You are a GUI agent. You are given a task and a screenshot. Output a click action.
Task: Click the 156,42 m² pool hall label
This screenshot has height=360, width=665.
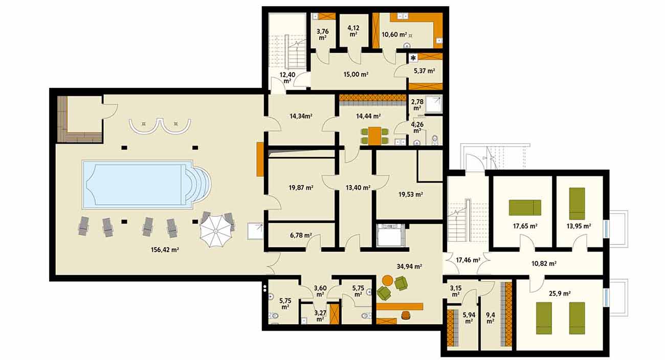coord(165,250)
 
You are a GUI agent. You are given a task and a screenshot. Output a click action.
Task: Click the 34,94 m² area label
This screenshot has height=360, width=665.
coord(409,266)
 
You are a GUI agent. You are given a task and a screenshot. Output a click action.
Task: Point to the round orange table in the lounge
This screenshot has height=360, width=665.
coord(387,280)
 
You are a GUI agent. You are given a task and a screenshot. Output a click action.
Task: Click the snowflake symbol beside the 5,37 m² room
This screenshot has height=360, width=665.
coord(413,58)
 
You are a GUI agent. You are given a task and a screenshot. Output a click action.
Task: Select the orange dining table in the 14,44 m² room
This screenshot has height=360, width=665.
coord(375,136)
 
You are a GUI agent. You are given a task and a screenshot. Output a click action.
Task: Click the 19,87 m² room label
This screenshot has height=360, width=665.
coord(301,188)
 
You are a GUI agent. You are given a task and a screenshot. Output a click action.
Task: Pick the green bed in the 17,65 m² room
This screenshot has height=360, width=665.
coord(525,208)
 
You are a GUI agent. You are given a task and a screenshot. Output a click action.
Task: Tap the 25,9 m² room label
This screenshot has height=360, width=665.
coord(560,294)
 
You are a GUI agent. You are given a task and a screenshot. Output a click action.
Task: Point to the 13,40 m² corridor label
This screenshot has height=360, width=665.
coord(358,188)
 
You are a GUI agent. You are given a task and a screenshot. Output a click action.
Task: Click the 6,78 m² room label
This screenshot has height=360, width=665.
coord(301,235)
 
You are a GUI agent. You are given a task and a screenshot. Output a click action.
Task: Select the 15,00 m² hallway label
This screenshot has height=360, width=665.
coord(356,74)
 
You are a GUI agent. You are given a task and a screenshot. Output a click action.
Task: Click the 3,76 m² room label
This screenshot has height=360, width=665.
coord(322,34)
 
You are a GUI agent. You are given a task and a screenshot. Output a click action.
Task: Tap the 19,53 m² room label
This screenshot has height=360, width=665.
coord(411,194)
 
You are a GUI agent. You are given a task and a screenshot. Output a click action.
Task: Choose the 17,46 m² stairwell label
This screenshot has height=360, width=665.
coord(468,260)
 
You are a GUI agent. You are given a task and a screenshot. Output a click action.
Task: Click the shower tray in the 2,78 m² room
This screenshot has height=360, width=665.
coord(434,104)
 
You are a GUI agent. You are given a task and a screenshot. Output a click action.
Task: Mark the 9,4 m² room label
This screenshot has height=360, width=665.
coord(490,318)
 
